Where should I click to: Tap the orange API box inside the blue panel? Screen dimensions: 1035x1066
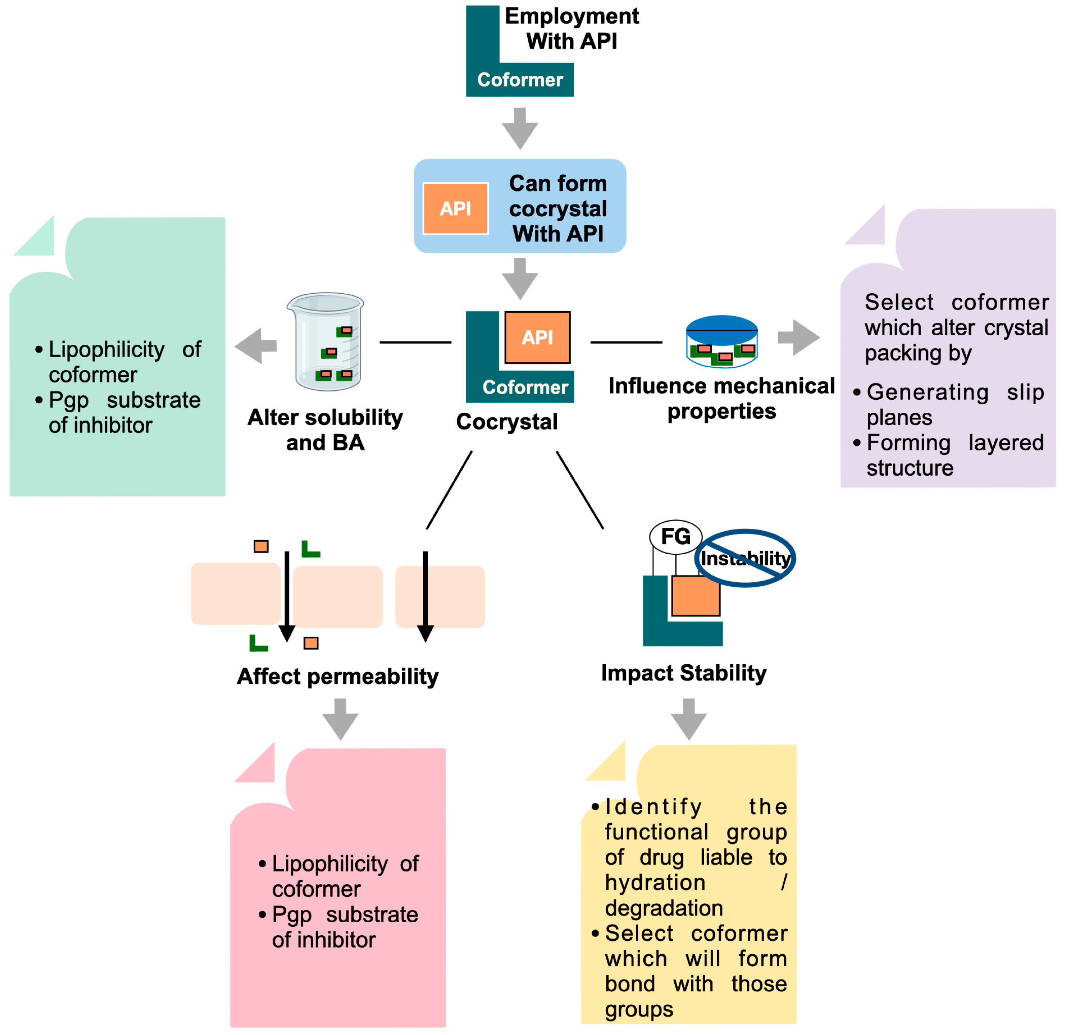455,208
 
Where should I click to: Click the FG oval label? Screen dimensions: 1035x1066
675,537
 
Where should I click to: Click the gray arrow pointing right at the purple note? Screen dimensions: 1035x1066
798,338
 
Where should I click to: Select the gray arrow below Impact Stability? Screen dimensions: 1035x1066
688,718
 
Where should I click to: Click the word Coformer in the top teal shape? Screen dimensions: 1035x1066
520,80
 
